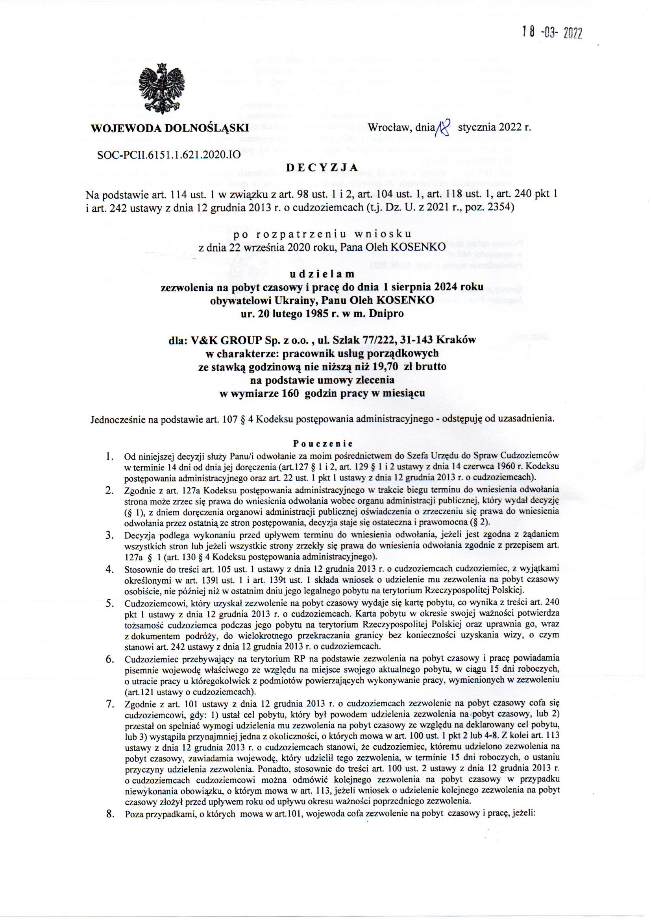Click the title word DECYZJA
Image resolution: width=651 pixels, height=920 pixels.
pos(322,167)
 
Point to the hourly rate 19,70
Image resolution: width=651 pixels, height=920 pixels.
pos(381,367)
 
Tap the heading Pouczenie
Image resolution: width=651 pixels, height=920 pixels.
pos(322,444)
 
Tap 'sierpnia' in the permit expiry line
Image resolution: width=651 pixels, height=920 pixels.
pos(408,287)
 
